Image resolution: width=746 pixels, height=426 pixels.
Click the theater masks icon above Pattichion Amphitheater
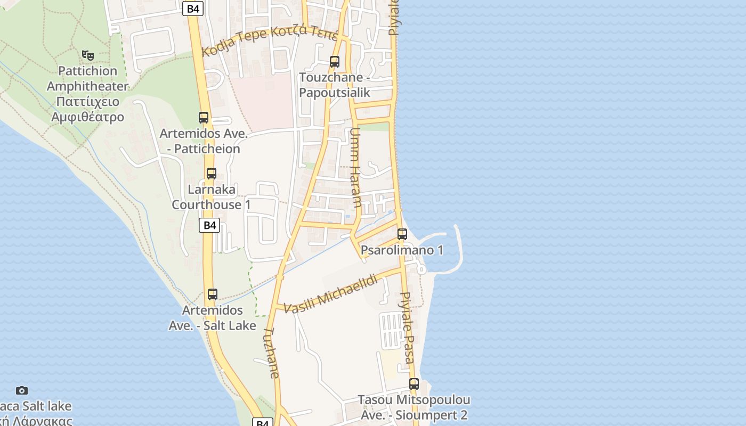(88, 55)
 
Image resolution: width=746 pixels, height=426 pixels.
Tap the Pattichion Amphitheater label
(87, 94)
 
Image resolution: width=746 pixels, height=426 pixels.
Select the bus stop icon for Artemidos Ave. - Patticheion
(204, 118)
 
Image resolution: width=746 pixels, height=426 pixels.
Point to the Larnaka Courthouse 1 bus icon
(212, 174)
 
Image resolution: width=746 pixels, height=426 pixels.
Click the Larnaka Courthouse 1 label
(211, 197)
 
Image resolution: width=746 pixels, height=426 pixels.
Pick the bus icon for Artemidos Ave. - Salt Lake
(213, 294)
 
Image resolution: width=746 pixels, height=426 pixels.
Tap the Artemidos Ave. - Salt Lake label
(213, 317)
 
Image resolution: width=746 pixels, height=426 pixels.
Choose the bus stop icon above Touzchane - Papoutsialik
(335, 62)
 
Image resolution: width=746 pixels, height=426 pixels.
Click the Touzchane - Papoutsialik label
(334, 85)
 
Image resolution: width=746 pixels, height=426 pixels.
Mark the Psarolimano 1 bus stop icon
(402, 234)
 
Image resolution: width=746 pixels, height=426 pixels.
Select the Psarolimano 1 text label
(402, 250)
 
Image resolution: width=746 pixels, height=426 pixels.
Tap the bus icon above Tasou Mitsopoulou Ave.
(414, 384)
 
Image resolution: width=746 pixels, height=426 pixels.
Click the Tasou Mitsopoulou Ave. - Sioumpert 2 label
(413, 407)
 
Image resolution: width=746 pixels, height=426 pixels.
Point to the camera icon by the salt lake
(22, 391)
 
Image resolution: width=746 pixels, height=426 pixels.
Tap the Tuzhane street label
(271, 353)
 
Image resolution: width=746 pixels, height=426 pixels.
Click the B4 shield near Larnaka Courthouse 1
(210, 225)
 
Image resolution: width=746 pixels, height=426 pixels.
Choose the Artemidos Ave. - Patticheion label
(204, 141)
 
